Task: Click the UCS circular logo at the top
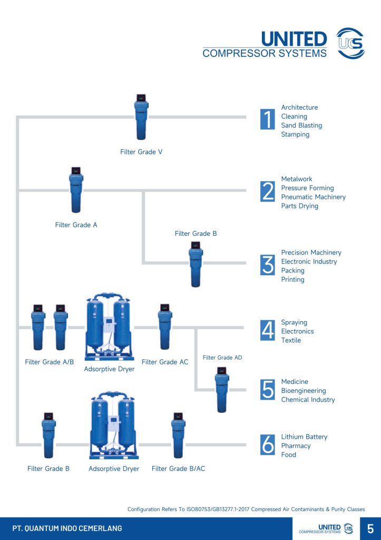click(350, 42)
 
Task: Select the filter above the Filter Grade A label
click(76, 190)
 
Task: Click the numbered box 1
click(268, 120)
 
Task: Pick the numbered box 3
click(268, 265)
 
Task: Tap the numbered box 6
click(268, 445)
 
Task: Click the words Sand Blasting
click(301, 126)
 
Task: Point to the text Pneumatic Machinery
click(314, 197)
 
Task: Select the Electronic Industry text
click(309, 262)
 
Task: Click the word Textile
click(291, 341)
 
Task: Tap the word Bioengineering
click(304, 391)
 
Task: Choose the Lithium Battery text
click(304, 437)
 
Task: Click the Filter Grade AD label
click(222, 358)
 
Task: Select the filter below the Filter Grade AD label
click(222, 390)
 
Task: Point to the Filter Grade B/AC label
click(178, 469)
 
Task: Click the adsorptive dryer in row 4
click(109, 327)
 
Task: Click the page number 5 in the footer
click(370, 528)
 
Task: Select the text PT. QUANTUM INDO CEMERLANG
click(67, 528)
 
